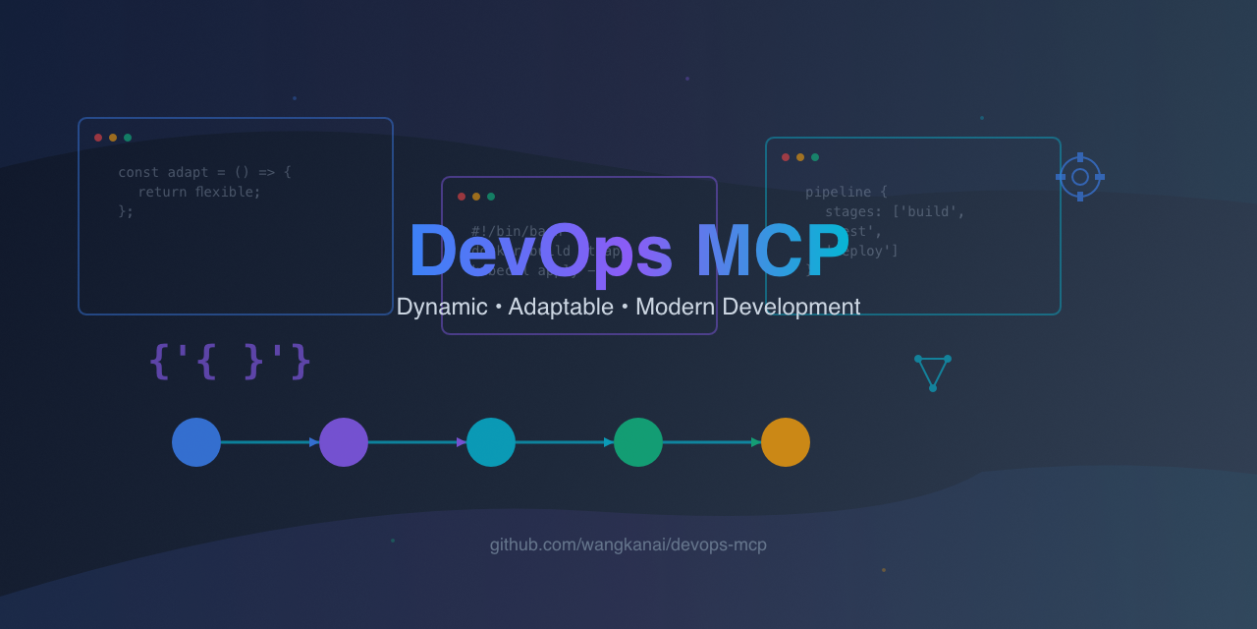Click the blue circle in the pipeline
click(196, 442)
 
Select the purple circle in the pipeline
click(344, 442)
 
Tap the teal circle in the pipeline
click(491, 442)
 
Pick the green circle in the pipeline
click(638, 442)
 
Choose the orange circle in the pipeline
click(786, 442)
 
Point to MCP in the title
click(772, 252)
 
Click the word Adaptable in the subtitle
click(561, 307)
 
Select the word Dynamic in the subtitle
click(442, 307)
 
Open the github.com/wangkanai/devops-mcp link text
click(628, 544)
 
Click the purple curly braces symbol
click(230, 362)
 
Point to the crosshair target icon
click(1080, 177)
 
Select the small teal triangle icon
click(932, 372)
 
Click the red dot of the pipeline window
click(786, 157)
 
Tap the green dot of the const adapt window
click(128, 138)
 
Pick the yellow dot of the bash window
click(476, 197)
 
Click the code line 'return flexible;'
click(199, 192)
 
